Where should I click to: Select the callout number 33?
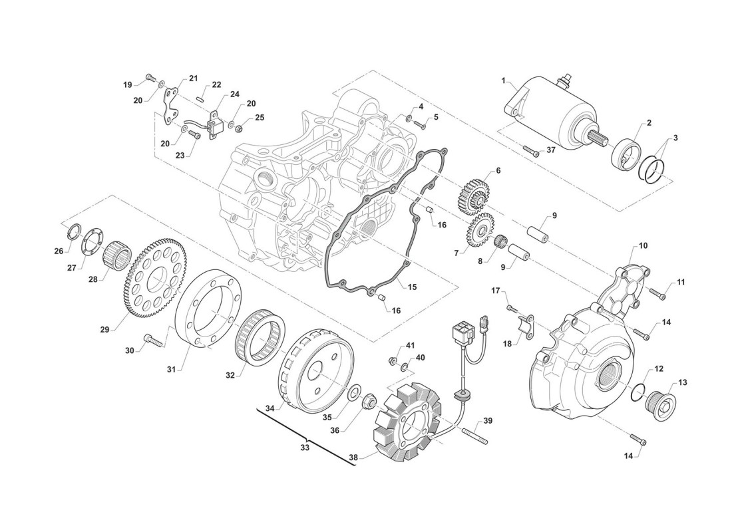tap(305, 448)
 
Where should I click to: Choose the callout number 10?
tap(643, 246)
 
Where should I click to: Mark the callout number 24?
tap(235, 94)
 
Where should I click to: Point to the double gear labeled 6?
tap(474, 190)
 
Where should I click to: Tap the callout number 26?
tap(59, 251)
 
